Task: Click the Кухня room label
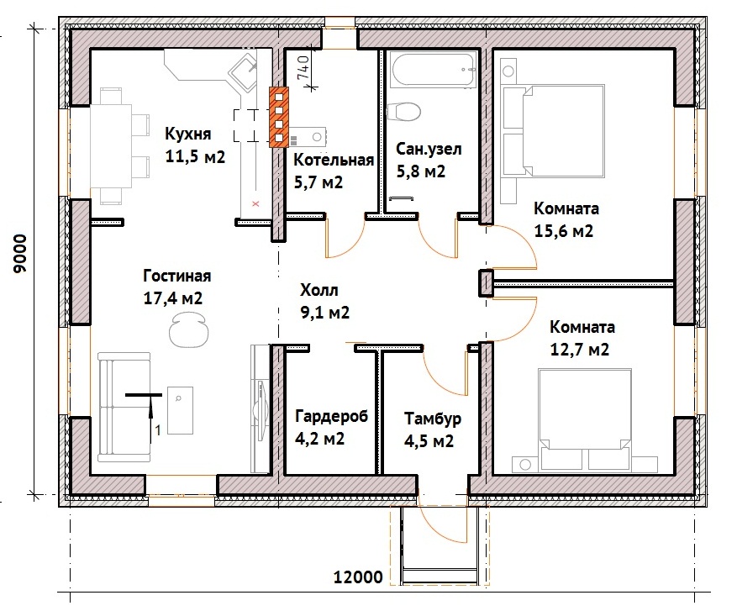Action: click(187, 134)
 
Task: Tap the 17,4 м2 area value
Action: click(173, 298)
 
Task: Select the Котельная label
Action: click(334, 160)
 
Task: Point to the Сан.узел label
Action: click(429, 149)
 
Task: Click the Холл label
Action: click(319, 290)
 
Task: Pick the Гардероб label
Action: click(331, 416)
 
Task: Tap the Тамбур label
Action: click(433, 419)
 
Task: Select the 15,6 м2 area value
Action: click(564, 231)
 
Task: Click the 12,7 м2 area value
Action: click(580, 350)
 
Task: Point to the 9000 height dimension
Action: click(21, 254)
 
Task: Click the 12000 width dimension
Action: click(358, 577)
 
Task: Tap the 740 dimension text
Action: click(303, 67)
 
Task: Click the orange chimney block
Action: click(279, 117)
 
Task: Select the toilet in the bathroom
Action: click(403, 112)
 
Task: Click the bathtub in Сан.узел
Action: click(434, 71)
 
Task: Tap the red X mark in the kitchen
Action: click(255, 204)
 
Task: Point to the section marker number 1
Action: click(158, 430)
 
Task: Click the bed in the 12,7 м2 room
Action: click(584, 419)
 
